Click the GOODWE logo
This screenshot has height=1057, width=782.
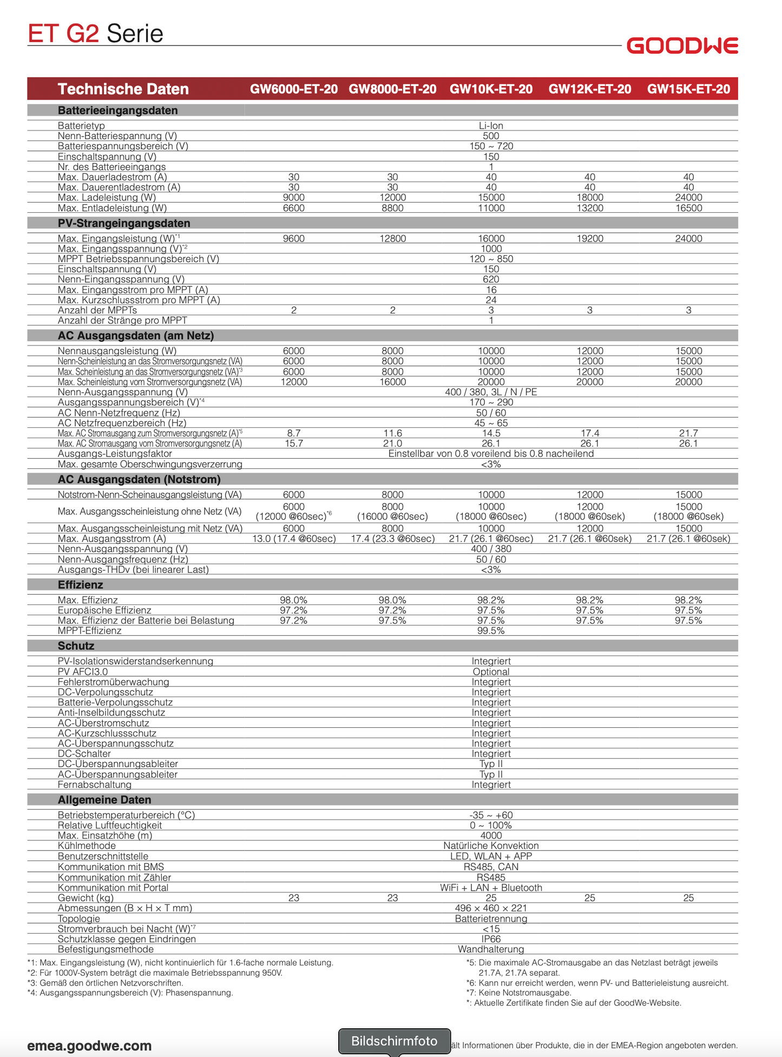[x=682, y=46]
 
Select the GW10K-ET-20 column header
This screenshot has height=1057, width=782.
[x=491, y=89]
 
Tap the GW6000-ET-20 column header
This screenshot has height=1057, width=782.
[x=293, y=89]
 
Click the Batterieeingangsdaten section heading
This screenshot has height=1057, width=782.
[x=117, y=110]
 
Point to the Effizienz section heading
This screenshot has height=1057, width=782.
[x=80, y=585]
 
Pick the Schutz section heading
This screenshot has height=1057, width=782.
[x=76, y=646]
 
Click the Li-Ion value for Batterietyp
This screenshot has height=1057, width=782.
[x=491, y=126]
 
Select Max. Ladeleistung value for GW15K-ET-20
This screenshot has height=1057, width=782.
[x=688, y=198]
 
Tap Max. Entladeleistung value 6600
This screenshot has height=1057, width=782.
[x=293, y=208]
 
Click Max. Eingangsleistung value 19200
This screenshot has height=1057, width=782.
[x=589, y=238]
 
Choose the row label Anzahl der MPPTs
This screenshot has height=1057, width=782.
[x=97, y=310]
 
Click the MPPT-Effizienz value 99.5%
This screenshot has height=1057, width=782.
[x=491, y=631]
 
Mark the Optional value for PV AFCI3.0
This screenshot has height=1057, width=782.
[x=491, y=672]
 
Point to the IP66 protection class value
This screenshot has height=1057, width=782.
[x=491, y=939]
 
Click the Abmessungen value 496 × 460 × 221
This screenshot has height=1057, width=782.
[x=491, y=908]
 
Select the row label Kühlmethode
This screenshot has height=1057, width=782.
[x=87, y=846]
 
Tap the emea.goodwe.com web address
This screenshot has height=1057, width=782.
[x=89, y=1045]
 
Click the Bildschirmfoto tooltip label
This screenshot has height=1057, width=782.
[x=394, y=1041]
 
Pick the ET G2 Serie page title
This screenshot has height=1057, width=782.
[x=95, y=34]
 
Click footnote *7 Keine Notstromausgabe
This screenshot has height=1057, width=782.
[x=518, y=993]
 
